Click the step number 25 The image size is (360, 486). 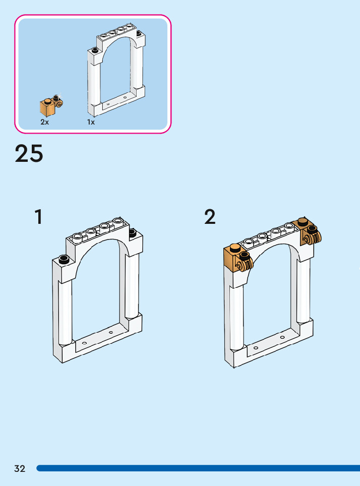point(29,154)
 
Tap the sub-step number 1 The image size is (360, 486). point(38,217)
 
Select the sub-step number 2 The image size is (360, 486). point(210,217)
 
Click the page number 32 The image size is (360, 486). point(20,468)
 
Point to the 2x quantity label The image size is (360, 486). point(45,122)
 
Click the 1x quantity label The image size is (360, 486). point(91,122)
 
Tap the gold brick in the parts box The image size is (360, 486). point(47,107)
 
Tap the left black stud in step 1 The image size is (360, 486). point(64,260)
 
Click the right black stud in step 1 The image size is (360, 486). point(133,232)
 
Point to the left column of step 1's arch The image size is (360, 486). point(65,313)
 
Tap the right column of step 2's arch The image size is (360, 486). point(304,290)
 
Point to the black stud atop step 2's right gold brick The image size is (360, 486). point(303,221)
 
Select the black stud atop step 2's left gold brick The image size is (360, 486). point(234,248)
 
